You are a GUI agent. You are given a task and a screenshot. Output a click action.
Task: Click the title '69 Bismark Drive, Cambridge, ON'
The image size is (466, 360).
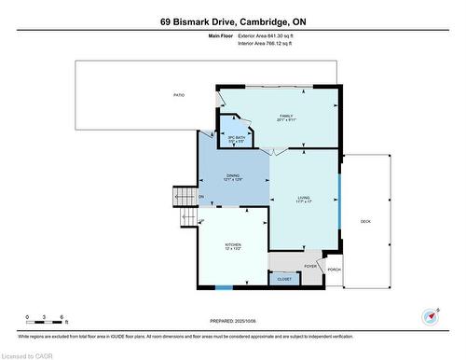(x=232, y=21)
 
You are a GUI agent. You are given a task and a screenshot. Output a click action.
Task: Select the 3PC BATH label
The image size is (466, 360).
(x=236, y=139)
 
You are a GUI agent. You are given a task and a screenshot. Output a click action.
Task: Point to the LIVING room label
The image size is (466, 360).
(x=304, y=200)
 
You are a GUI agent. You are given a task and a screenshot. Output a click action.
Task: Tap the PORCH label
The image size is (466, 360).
(x=333, y=270)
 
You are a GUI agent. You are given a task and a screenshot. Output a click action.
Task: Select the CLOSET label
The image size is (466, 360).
(x=284, y=279)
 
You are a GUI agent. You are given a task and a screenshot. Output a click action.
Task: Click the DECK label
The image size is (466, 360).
(x=365, y=221)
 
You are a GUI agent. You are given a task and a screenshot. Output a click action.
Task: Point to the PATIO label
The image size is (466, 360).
(x=178, y=95)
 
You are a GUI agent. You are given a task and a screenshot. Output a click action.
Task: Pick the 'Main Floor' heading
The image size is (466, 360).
(x=219, y=35)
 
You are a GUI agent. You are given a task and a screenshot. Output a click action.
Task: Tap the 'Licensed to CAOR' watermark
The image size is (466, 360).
(x=29, y=354)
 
